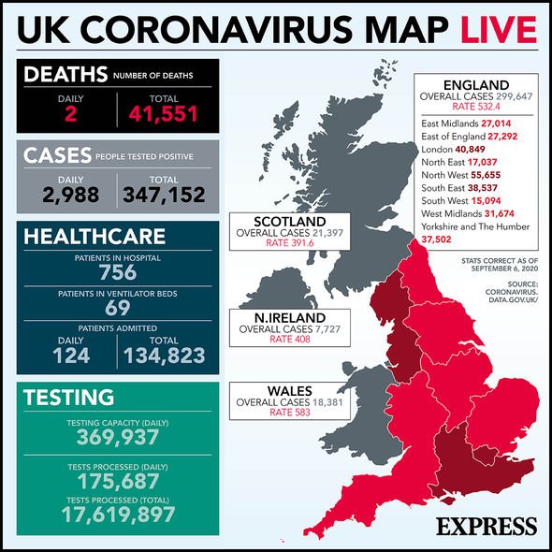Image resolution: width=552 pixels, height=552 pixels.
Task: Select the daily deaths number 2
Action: pyautogui.click(x=68, y=113)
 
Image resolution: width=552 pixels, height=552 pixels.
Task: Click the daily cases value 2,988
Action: pyautogui.click(x=68, y=194)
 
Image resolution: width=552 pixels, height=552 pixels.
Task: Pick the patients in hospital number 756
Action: pyautogui.click(x=118, y=273)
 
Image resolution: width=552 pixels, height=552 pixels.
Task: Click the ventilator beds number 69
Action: pyautogui.click(x=118, y=308)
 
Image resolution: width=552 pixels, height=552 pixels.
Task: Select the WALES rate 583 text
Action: pyautogui.click(x=281, y=413)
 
